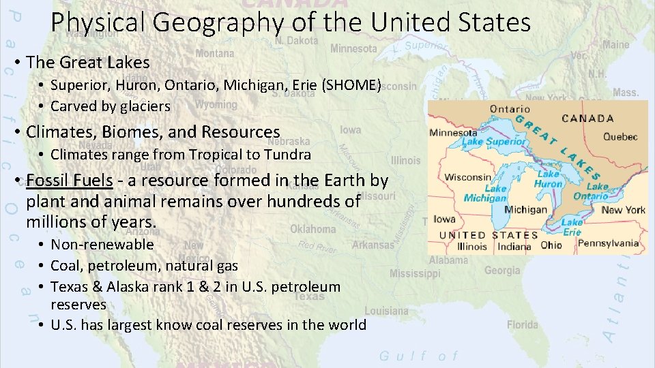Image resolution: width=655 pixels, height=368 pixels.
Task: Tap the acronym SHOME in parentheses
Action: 353,85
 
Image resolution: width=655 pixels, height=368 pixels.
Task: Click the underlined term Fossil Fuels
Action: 70,181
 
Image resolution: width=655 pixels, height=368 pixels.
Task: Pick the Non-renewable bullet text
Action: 102,245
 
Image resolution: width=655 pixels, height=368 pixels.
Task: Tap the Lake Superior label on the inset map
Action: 495,142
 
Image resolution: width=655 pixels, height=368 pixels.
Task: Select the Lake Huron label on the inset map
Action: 549,179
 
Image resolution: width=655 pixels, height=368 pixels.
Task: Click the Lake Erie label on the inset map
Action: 572,227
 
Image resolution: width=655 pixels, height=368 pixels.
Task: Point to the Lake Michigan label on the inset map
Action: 485,194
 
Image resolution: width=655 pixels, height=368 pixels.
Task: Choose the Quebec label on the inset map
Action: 620,136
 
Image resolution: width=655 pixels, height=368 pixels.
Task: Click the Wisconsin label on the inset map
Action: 467,177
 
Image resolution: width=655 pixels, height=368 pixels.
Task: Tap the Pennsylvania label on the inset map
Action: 608,243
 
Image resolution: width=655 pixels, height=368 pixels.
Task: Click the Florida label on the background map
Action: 522,325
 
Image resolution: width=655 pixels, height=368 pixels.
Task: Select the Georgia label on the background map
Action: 501,271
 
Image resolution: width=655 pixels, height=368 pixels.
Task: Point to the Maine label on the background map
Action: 615,44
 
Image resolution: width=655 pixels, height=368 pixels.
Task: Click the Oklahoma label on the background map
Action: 312,229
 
